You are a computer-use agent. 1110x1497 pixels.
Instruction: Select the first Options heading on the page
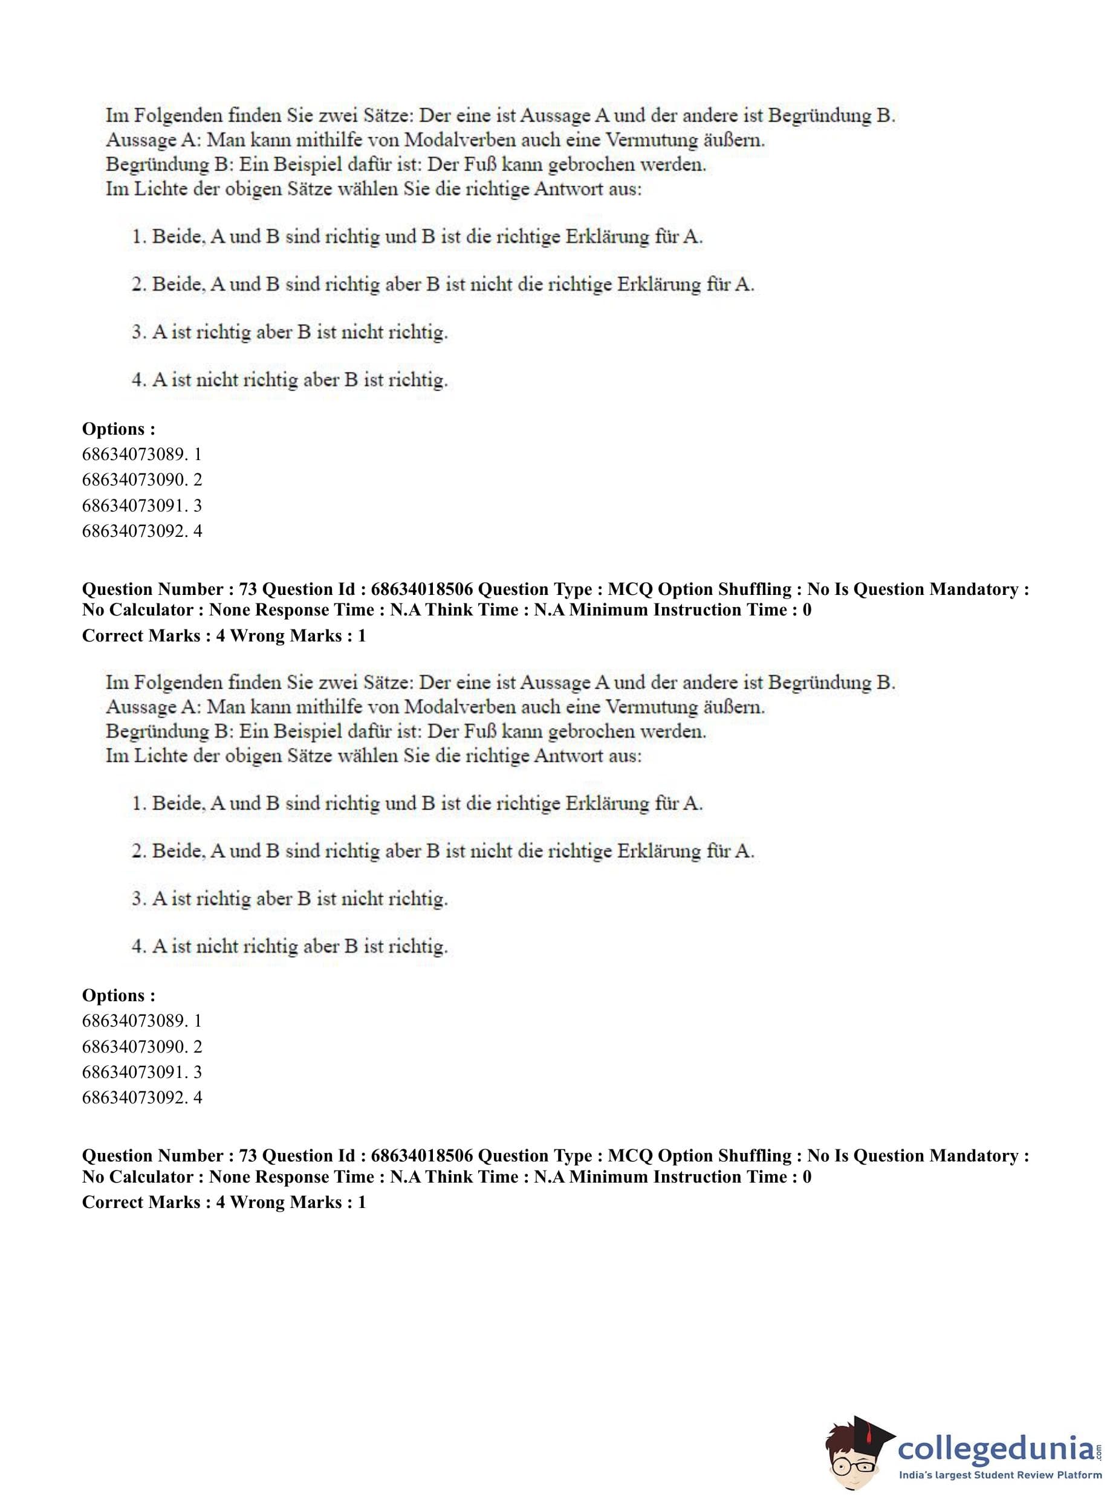(x=118, y=429)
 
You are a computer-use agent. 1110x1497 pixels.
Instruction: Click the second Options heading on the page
(x=118, y=995)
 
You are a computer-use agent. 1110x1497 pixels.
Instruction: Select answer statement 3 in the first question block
(x=290, y=332)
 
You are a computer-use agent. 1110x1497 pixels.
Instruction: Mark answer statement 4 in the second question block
(x=290, y=946)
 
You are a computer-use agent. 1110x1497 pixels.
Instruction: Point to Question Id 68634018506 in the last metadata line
(x=368, y=1155)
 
